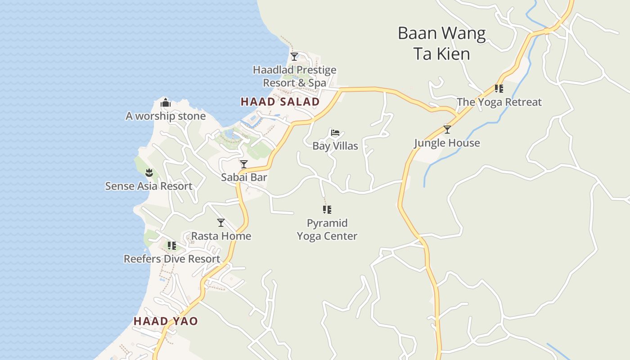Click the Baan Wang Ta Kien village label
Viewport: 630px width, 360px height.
(x=441, y=43)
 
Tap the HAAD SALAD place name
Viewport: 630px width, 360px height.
(x=280, y=102)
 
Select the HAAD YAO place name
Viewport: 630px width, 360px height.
(x=166, y=321)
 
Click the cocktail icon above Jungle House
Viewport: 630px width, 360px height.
(x=447, y=130)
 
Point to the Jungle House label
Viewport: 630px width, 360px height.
(x=447, y=143)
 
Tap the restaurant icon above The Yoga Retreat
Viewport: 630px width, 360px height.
(x=499, y=89)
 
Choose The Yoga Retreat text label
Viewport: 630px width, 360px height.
(x=499, y=102)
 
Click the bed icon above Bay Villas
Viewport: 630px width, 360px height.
(x=335, y=133)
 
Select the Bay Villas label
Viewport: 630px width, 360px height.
(x=335, y=146)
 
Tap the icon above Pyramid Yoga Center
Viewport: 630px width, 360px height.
(x=327, y=210)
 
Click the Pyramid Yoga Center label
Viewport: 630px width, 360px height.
(x=327, y=229)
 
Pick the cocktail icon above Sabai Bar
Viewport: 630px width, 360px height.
(x=244, y=164)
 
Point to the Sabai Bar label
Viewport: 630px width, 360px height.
(x=244, y=177)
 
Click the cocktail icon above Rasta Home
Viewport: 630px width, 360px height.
(x=221, y=223)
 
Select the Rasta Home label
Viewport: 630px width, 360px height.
(x=221, y=236)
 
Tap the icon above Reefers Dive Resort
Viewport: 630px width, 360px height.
(x=171, y=246)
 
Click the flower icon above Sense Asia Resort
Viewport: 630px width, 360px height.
(x=149, y=172)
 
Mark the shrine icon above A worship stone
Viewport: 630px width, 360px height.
(x=166, y=103)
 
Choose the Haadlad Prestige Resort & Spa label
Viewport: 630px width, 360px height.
(x=294, y=76)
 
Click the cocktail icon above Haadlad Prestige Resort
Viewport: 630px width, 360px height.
(x=294, y=57)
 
